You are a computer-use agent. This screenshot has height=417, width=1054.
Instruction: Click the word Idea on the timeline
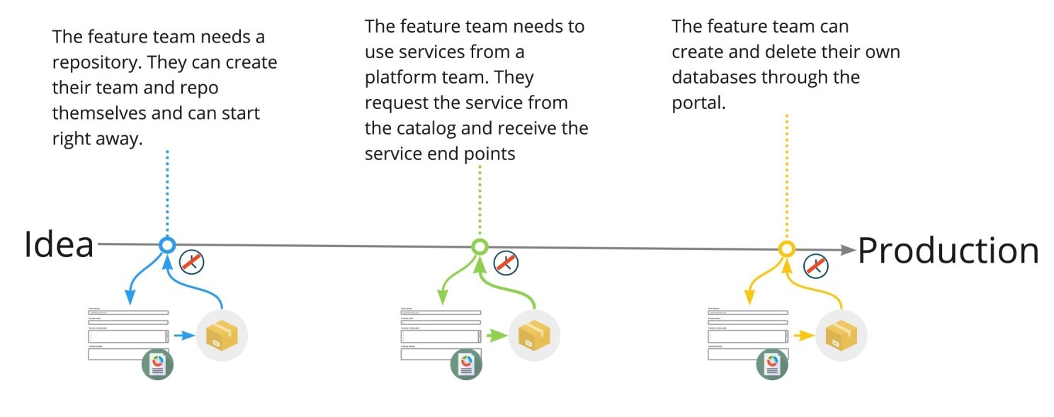coord(59,246)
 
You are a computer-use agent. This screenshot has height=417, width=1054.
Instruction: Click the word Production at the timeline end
coord(948,251)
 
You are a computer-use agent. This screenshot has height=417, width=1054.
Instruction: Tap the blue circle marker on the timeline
coord(167,245)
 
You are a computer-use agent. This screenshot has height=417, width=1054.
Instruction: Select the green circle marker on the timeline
coord(480,246)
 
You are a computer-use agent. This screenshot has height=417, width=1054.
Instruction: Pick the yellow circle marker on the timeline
coord(786,249)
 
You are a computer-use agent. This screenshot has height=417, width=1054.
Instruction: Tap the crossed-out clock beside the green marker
coord(506,263)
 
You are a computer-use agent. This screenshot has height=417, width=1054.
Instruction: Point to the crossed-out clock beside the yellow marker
coord(816,266)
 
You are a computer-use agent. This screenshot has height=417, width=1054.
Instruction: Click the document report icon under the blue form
coord(157,364)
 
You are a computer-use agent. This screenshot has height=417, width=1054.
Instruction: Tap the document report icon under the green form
coord(466,364)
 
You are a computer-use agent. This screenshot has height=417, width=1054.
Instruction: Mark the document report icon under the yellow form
coord(773,364)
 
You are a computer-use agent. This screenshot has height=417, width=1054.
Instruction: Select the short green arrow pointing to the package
coord(497,336)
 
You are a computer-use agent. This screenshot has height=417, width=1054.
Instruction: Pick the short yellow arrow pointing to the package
coord(804,336)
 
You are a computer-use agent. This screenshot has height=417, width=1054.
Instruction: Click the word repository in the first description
coord(96,62)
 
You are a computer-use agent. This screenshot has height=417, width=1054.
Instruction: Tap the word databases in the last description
coord(714,77)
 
